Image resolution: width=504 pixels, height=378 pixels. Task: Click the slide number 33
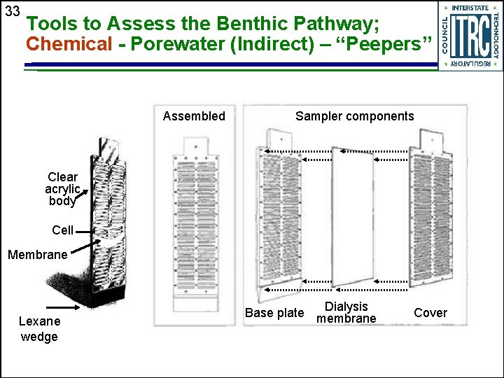[x=12, y=12]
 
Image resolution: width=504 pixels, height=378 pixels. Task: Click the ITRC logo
[x=469, y=35]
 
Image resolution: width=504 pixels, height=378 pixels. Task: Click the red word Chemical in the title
[x=69, y=44]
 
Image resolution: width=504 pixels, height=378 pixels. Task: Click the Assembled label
[x=194, y=116]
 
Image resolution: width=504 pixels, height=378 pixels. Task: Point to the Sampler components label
[x=354, y=116]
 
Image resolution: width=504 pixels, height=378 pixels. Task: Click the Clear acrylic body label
[x=62, y=189]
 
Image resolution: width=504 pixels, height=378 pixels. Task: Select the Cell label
[x=62, y=230]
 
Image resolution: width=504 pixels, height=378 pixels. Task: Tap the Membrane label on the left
[x=37, y=255]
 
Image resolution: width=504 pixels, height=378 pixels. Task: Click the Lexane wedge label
[x=39, y=329]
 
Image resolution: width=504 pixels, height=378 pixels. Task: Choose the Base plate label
[x=274, y=313]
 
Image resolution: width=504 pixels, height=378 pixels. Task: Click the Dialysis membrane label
[x=346, y=312]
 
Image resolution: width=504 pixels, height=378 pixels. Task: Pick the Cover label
[x=430, y=313]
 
